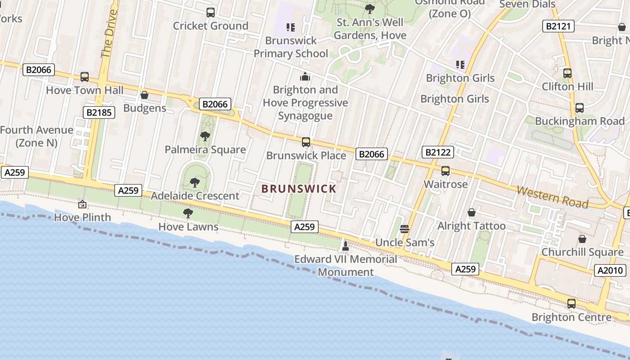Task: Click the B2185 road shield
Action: [99, 112]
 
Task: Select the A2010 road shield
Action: [610, 270]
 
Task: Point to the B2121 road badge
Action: [558, 26]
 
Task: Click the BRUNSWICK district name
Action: [299, 189]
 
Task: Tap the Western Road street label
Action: [552, 197]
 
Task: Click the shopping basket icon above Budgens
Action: [144, 95]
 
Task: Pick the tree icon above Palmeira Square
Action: [205, 136]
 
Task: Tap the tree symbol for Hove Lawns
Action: [188, 213]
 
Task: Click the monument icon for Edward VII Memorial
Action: [346, 246]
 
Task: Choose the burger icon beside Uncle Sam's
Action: [404, 229]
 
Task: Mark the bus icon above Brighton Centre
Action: [571, 304]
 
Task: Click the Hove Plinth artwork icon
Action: [82, 204]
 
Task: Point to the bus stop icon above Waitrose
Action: [445, 171]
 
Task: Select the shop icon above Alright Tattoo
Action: [472, 212]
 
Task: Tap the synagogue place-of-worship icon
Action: [305, 76]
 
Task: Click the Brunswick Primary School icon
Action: [291, 27]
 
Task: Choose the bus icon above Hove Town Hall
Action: [85, 77]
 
